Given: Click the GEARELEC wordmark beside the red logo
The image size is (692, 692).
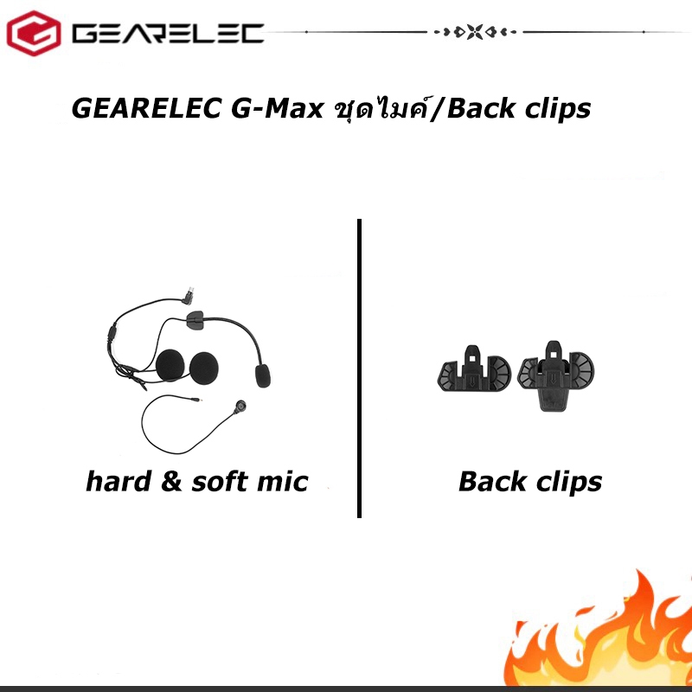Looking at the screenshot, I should [168, 34].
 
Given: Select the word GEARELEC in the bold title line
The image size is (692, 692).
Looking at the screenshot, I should [145, 110].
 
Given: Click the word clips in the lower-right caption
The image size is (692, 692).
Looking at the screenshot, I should [566, 482].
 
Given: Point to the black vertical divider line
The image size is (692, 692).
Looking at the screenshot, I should [358, 368].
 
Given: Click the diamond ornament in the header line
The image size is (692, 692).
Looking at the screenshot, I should [476, 33].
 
